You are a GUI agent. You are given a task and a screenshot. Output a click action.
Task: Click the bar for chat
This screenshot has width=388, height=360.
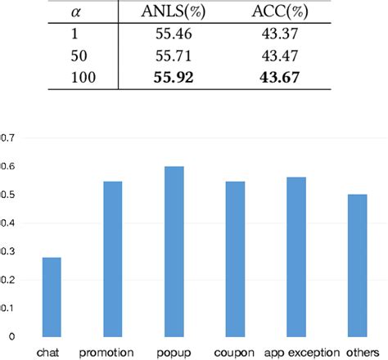click(x=52, y=296)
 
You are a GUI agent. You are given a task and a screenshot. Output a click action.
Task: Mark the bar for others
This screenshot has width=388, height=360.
click(x=357, y=265)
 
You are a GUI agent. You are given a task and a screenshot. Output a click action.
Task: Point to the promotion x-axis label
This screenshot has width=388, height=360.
click(x=112, y=353)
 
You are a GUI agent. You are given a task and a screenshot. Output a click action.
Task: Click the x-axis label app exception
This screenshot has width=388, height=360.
click(x=296, y=353)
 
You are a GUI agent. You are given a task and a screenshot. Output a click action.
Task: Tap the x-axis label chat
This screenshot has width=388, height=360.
click(x=52, y=353)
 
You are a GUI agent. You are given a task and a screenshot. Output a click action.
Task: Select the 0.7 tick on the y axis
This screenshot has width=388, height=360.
click(x=7, y=138)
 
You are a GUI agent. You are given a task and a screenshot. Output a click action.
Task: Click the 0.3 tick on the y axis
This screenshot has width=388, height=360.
click(x=7, y=251)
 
